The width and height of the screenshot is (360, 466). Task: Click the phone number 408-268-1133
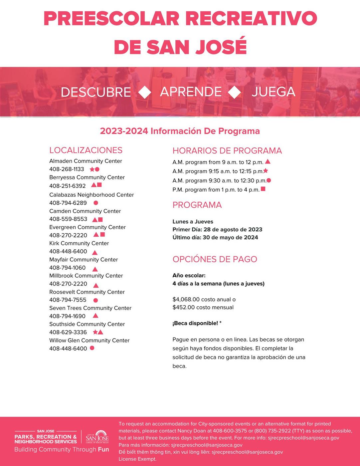pyautogui.click(x=67, y=169)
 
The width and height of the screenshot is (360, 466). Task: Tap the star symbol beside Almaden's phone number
pyautogui.click(x=92, y=169)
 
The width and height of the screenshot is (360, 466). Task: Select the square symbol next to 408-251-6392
pyautogui.click(x=99, y=185)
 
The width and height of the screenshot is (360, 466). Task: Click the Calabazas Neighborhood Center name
pyautogui.click(x=91, y=195)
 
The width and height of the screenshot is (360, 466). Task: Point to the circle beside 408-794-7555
pyautogui.click(x=96, y=300)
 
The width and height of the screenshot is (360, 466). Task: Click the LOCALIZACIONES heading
pyautogui.click(x=86, y=150)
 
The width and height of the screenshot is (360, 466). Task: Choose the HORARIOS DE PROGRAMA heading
pyautogui.click(x=227, y=151)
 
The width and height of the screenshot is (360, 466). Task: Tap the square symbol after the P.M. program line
pyautogui.click(x=263, y=189)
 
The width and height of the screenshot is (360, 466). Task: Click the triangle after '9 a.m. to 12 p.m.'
pyautogui.click(x=268, y=162)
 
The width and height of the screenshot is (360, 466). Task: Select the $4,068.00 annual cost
pyautogui.click(x=186, y=299)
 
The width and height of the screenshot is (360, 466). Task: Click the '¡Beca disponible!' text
pyautogui.click(x=195, y=323)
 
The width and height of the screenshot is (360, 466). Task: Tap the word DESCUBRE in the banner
pyautogui.click(x=96, y=92)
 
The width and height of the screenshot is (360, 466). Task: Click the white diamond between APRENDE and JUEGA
pyautogui.click(x=235, y=92)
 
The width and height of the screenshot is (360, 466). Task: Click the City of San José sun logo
pyautogui.click(x=97, y=437)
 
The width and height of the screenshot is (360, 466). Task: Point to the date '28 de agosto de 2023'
pyautogui.click(x=233, y=229)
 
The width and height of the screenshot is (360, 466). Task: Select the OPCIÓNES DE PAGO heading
pyautogui.click(x=215, y=259)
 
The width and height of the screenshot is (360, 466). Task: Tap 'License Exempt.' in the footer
pyautogui.click(x=137, y=459)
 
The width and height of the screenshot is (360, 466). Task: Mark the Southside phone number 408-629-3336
pyautogui.click(x=68, y=332)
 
